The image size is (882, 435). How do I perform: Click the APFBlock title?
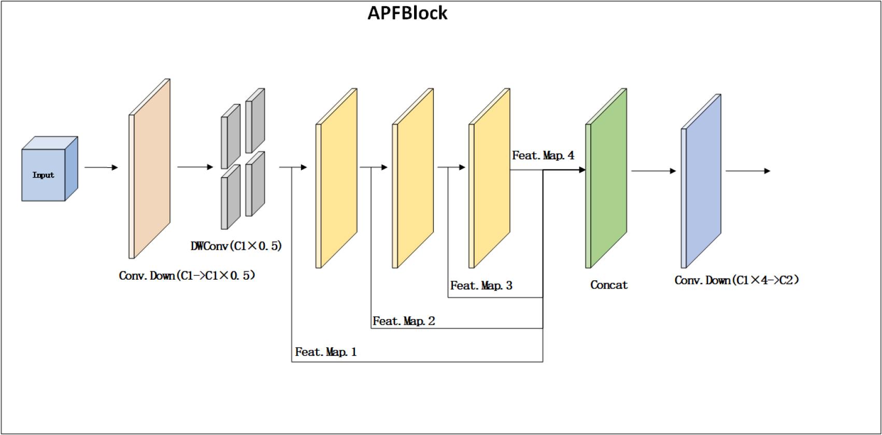click(407, 13)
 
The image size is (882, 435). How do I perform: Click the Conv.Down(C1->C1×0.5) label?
click(187, 275)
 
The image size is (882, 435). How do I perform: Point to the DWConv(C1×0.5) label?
click(236, 246)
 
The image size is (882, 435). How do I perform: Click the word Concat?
click(609, 285)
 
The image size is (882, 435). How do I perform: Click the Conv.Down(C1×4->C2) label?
click(736, 280)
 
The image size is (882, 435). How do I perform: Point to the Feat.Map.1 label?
click(326, 352)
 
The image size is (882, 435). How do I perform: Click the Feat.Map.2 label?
click(404, 321)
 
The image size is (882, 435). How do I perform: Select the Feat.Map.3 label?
click(481, 285)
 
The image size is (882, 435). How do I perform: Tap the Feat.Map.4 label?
click(543, 155)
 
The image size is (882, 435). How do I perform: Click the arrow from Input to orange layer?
click(101, 167)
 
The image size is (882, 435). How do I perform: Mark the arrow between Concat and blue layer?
click(653, 171)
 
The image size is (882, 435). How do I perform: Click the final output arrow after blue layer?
click(748, 171)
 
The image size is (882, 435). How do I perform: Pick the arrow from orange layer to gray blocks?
click(195, 167)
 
